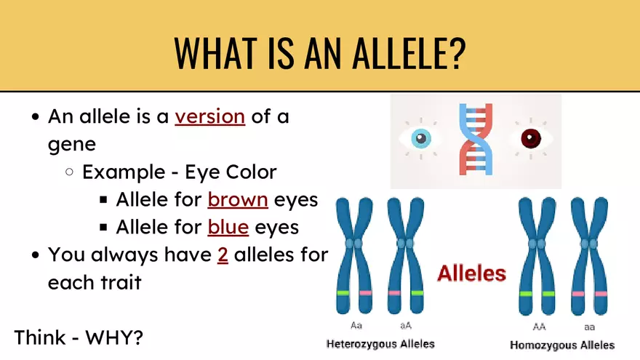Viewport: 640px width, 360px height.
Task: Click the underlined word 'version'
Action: click(209, 116)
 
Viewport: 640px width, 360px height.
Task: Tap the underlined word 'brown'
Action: click(238, 199)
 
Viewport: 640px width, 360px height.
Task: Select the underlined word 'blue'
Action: click(228, 227)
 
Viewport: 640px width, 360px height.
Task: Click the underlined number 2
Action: click(223, 255)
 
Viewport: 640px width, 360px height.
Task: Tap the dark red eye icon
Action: click(530, 138)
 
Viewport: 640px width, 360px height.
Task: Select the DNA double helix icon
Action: click(476, 138)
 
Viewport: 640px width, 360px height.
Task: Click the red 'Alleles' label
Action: click(471, 273)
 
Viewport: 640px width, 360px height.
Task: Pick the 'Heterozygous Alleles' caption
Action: click(380, 343)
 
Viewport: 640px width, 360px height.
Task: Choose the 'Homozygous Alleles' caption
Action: click(562, 345)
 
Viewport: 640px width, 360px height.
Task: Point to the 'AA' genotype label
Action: click(539, 327)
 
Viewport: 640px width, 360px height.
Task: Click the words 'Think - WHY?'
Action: click(78, 337)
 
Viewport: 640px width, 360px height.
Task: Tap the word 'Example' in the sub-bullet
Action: click(123, 172)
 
